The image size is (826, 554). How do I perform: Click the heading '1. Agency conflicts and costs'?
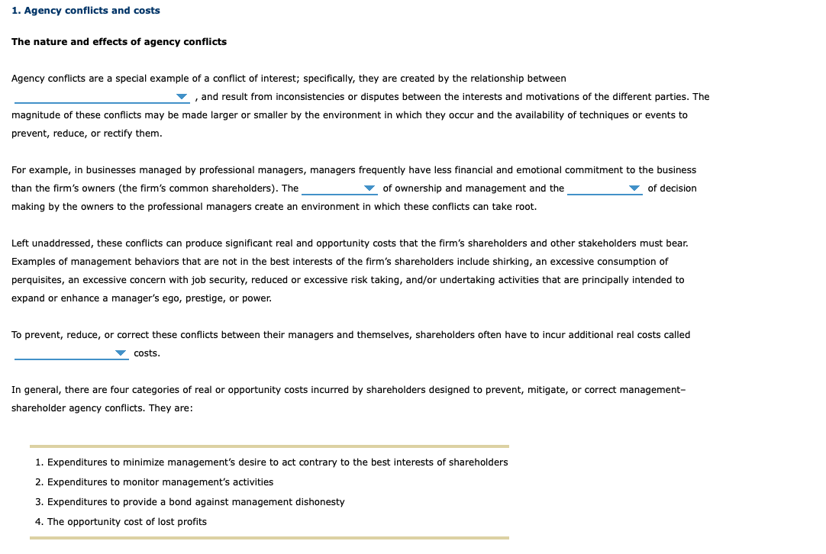(86, 11)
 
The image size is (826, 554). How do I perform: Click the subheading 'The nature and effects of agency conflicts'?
(119, 41)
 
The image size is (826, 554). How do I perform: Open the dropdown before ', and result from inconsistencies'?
(102, 97)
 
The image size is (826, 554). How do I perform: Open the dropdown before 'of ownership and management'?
(339, 188)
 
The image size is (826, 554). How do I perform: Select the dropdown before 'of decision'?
(605, 188)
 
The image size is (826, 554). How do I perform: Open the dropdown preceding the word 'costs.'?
(71, 353)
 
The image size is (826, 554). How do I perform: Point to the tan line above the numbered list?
(269, 446)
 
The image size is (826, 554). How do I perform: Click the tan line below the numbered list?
(269, 538)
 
